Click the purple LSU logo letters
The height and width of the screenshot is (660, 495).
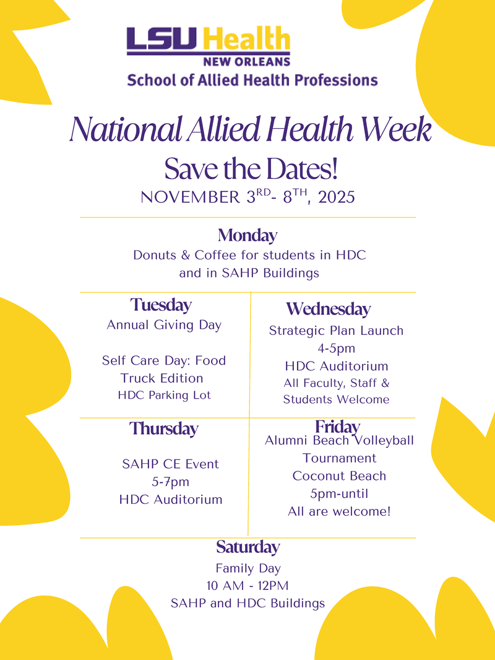[161, 39]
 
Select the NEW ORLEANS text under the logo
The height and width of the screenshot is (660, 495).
[246, 61]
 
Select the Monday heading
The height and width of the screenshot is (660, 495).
[247, 235]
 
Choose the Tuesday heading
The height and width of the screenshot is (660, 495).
[161, 305]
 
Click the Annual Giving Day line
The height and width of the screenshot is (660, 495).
[164, 325]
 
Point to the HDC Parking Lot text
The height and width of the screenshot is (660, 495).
[164, 395]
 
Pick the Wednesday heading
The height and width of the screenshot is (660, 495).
[328, 308]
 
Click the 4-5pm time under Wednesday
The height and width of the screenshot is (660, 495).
[336, 349]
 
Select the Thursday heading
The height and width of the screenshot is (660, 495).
[164, 428]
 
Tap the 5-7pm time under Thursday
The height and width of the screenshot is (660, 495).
[171, 482]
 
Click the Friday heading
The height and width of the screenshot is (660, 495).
[337, 427]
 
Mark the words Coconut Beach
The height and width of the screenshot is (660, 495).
[339, 476]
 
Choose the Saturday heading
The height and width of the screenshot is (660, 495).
[247, 547]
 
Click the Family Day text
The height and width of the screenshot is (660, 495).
[247, 568]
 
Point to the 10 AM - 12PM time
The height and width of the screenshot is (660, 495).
[247, 585]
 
